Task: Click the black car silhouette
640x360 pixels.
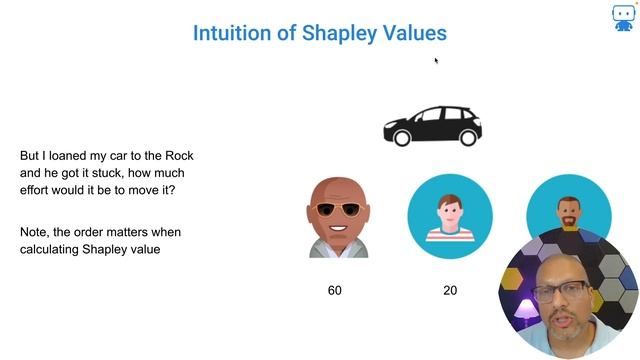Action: (x=432, y=126)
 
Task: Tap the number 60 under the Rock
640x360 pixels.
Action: (x=335, y=290)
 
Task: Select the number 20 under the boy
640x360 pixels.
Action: (x=450, y=290)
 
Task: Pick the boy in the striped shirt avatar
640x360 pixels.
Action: (x=449, y=216)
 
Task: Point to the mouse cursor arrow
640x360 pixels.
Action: (x=436, y=60)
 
